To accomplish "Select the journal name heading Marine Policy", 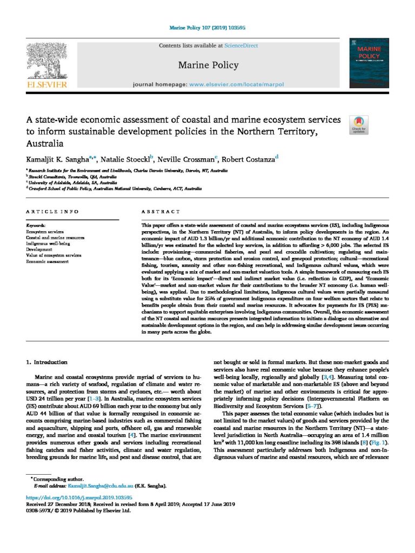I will click(x=208, y=65).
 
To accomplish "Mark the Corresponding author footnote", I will click(x=57, y=478).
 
